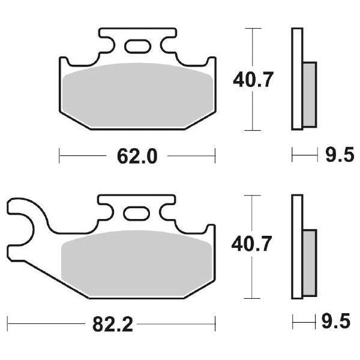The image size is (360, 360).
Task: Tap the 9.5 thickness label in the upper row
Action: point(337,157)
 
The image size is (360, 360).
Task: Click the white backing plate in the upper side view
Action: point(296,78)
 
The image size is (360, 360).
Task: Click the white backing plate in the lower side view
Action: point(296,245)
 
